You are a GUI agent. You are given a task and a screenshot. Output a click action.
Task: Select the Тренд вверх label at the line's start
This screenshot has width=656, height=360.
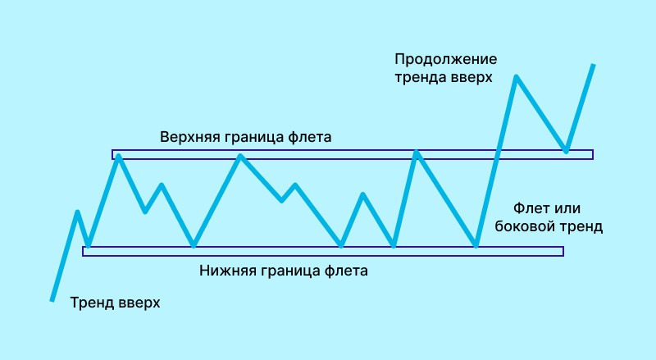pyautogui.click(x=115, y=303)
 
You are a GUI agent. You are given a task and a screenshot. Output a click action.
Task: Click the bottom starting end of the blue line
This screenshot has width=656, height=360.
pyautogui.click(x=52, y=300)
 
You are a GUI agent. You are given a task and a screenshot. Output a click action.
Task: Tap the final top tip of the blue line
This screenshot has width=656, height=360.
pyautogui.click(x=593, y=64)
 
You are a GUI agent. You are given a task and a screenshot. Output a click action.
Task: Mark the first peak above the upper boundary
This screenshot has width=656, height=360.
pyautogui.click(x=516, y=76)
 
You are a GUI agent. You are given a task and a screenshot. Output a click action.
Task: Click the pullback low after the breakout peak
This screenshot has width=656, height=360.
pyautogui.click(x=566, y=150)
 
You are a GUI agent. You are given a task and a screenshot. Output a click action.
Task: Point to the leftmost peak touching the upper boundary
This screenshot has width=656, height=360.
pyautogui.click(x=118, y=155)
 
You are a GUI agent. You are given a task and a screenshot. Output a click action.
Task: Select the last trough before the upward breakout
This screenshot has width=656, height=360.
pyautogui.click(x=476, y=245)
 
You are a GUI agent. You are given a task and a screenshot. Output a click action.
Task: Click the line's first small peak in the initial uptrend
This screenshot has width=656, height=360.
pyautogui.click(x=78, y=212)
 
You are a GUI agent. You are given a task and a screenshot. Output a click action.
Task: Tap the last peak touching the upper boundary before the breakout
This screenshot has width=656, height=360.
pyautogui.click(x=417, y=153)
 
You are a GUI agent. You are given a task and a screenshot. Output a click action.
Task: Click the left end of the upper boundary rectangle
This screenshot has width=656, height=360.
pyautogui.click(x=113, y=154)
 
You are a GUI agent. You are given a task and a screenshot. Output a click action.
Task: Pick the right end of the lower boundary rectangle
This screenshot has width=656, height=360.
pyautogui.click(x=563, y=251)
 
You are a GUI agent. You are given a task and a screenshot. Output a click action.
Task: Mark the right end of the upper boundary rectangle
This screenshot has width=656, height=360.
pyautogui.click(x=591, y=154)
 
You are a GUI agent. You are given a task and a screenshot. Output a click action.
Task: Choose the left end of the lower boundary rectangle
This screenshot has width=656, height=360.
pyautogui.click(x=84, y=251)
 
